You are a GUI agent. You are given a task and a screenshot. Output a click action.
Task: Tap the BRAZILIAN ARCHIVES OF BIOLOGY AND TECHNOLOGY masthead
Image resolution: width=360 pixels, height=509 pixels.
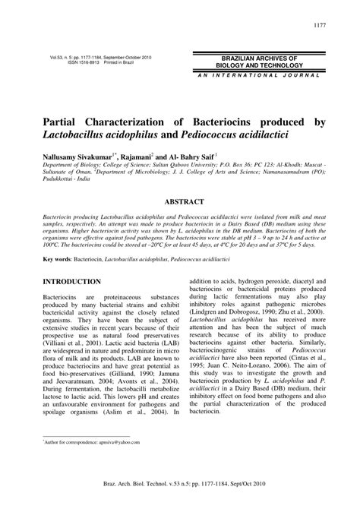coord(254,62)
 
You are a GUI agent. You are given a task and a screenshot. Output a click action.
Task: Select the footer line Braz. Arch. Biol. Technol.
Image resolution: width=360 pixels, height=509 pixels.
coord(180,494)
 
